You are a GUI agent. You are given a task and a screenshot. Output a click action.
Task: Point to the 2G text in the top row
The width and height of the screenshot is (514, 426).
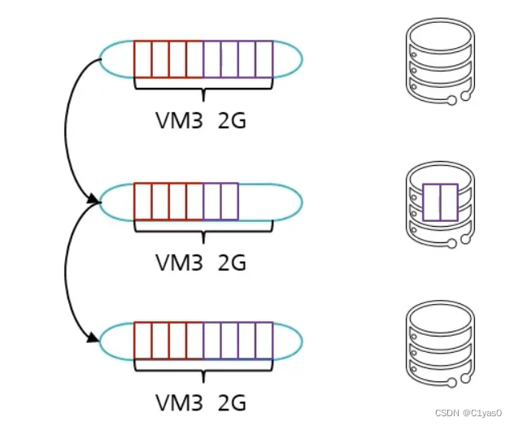(232, 120)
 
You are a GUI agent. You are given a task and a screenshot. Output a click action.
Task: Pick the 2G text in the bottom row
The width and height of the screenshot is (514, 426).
(232, 402)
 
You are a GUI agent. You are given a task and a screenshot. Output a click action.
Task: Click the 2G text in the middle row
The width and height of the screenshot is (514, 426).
(232, 262)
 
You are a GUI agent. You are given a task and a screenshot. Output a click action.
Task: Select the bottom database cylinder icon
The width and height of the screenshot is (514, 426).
(438, 341)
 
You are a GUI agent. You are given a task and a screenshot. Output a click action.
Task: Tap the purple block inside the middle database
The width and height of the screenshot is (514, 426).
(440, 202)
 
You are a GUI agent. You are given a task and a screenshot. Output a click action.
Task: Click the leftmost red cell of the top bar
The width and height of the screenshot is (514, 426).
(143, 59)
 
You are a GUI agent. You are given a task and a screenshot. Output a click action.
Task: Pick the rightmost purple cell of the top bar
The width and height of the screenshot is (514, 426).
(264, 59)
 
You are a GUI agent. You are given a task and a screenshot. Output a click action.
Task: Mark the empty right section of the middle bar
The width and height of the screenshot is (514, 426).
(269, 201)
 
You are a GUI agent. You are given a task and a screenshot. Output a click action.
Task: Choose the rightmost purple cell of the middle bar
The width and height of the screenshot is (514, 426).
(229, 201)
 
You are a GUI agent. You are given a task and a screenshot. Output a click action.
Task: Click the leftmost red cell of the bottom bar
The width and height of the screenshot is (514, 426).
(143, 341)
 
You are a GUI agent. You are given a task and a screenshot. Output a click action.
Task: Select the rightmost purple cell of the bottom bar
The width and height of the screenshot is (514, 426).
(264, 341)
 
